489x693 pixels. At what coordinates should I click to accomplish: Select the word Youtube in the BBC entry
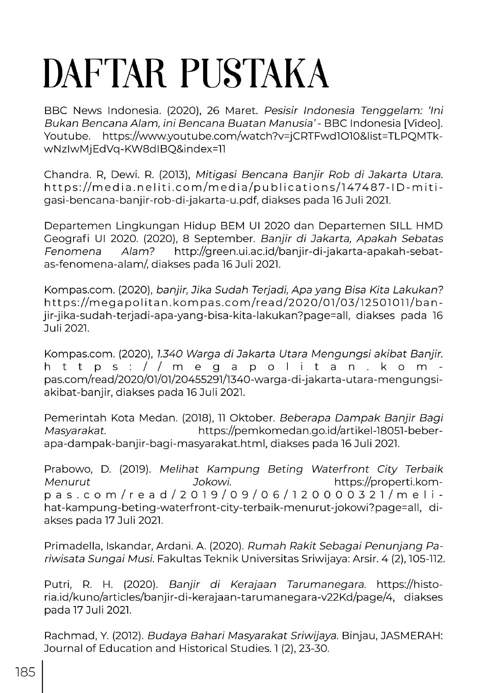tap(67, 136)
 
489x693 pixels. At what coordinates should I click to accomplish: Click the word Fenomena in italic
tap(72, 252)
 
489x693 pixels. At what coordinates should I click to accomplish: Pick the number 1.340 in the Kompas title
tap(170, 354)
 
